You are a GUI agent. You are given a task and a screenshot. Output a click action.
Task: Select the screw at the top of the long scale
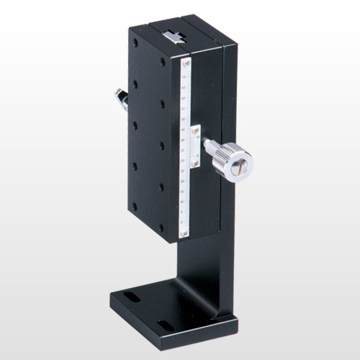pos(186,63)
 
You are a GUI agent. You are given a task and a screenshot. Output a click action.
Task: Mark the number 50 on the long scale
pos(184,120)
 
